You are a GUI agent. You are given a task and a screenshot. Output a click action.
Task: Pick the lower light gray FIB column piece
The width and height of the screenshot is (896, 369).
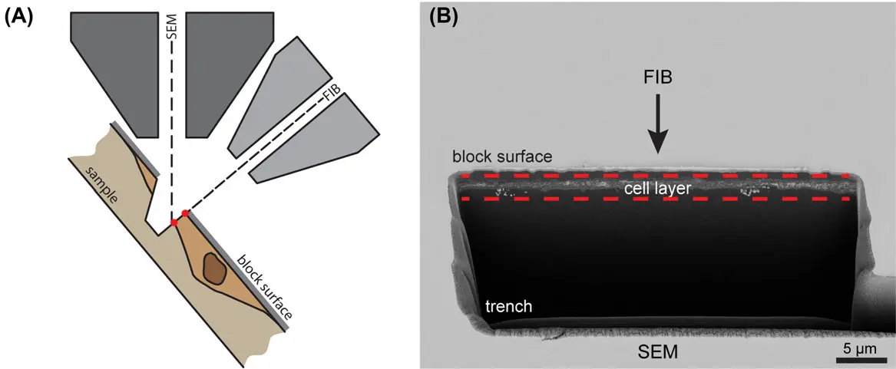point(322,142)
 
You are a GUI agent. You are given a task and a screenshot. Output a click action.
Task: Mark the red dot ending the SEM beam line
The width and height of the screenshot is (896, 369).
point(174,222)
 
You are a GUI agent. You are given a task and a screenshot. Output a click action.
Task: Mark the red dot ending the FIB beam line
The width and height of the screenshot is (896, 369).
point(185,213)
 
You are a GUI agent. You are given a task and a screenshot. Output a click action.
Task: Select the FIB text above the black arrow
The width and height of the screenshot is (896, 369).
point(659,80)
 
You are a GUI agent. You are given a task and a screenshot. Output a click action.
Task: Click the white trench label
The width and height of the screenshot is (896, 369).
point(508,307)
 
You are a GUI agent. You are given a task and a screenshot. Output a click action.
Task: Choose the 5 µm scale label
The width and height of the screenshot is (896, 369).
point(856,348)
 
